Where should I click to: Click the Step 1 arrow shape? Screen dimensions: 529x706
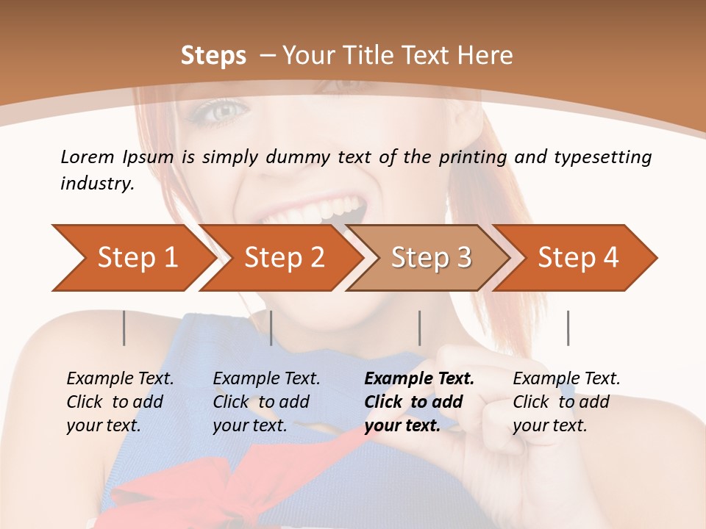[132, 258]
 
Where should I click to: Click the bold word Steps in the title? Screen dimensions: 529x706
[213, 56]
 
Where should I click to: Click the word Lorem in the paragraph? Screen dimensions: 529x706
[88, 156]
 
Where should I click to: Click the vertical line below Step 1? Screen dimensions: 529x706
[124, 328]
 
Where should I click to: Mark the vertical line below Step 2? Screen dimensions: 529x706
[271, 328]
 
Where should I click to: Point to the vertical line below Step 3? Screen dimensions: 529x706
[419, 328]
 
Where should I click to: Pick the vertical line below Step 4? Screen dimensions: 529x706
[568, 328]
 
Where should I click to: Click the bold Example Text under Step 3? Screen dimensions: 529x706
[419, 379]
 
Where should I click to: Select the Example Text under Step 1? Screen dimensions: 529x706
[120, 379]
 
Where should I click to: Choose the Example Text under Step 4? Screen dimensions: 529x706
[566, 379]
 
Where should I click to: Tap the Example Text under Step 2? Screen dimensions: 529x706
[266, 379]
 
